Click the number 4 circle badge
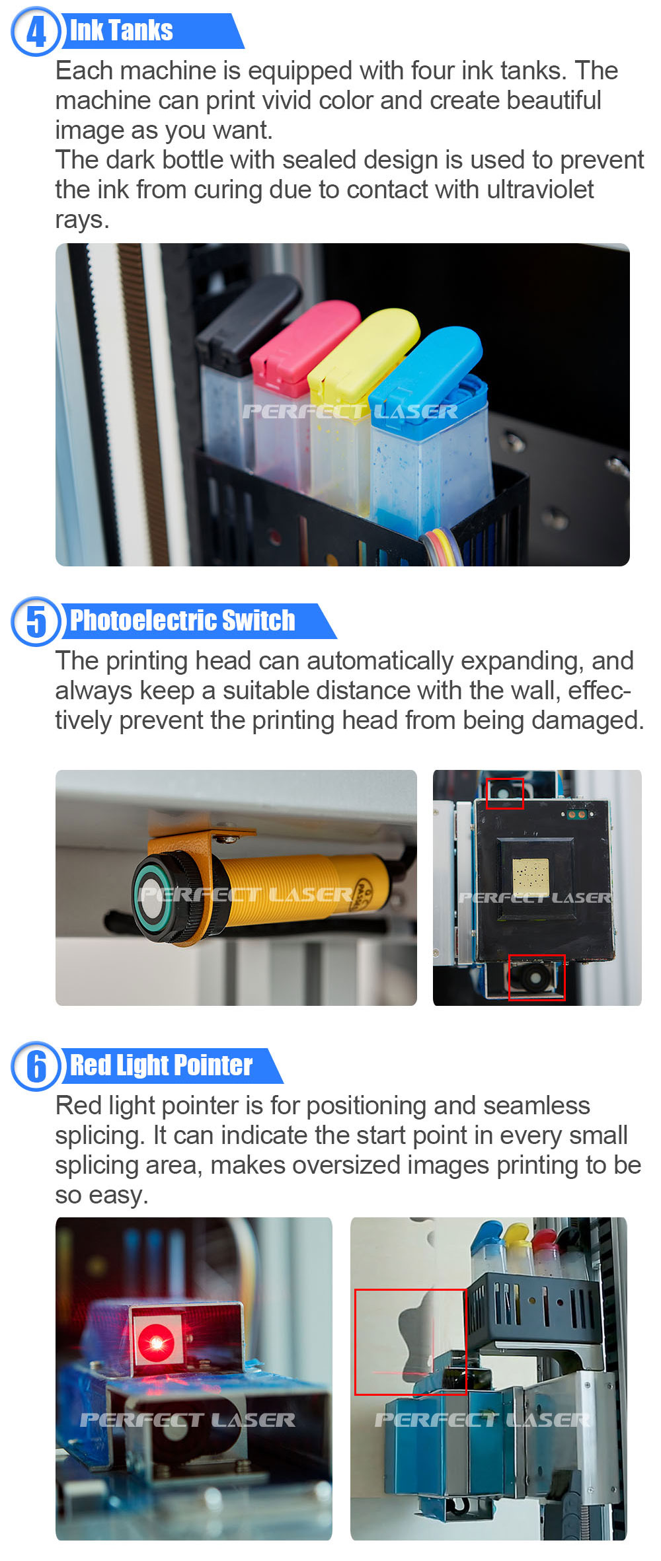tap(35, 31)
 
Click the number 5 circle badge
tap(35, 621)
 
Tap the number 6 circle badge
tap(35, 1066)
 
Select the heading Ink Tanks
tap(122, 30)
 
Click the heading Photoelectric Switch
tap(182, 621)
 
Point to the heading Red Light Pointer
tap(161, 1065)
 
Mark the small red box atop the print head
tap(505, 793)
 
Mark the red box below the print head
tap(537, 977)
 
